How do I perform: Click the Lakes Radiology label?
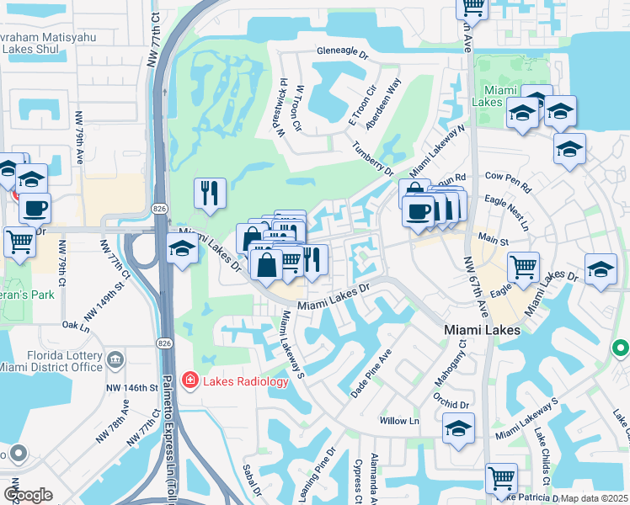coord(244,380)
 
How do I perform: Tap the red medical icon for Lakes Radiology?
coord(190,381)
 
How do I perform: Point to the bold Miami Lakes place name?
coord(482,330)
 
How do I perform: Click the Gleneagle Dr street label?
coord(343,52)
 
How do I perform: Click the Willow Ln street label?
coord(399,421)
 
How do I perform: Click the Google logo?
coord(28,495)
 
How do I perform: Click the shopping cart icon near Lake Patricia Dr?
coord(501,477)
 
